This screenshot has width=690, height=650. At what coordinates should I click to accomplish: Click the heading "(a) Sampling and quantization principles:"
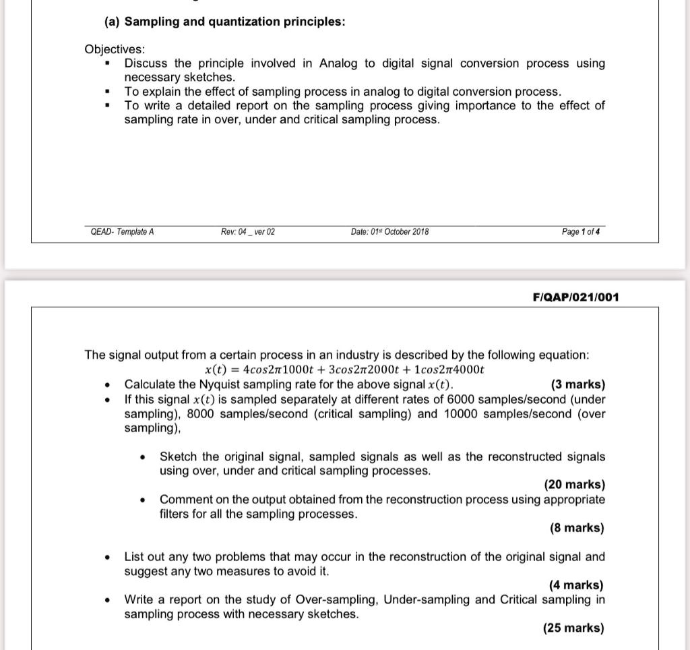point(225,22)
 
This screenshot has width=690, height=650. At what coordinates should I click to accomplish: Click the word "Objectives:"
point(115,49)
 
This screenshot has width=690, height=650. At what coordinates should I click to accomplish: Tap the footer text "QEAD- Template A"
point(122,232)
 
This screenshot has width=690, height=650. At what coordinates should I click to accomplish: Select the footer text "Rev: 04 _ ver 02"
point(248,232)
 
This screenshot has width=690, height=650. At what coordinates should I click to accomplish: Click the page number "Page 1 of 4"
point(580,232)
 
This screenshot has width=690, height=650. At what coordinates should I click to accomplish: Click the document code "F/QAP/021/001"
point(575,297)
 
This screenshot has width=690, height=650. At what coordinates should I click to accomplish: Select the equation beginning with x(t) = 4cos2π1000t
point(344,370)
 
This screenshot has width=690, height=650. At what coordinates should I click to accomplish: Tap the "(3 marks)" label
point(577,384)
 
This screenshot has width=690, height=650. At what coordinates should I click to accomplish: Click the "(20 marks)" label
point(574,484)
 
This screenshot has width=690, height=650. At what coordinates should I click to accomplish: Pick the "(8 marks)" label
point(577,528)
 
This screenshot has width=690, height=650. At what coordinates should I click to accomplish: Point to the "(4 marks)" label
point(576,585)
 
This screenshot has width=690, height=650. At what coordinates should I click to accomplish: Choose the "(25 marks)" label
point(573,628)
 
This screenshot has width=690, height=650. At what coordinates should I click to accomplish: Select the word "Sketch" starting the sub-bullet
point(179,456)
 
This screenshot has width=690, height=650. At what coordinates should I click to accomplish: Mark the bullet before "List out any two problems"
point(107,558)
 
